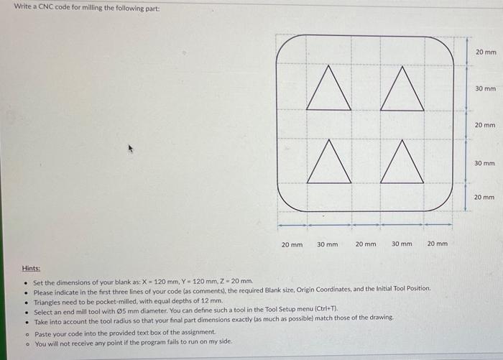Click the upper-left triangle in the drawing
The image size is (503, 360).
tap(328, 91)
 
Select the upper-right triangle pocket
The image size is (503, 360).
tap(402, 91)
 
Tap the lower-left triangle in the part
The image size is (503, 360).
tap(328, 165)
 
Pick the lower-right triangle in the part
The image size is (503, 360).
tap(402, 165)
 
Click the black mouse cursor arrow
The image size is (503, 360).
tap(130, 149)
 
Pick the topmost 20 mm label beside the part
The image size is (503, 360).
tap(485, 52)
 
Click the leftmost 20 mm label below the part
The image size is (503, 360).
tap(291, 244)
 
